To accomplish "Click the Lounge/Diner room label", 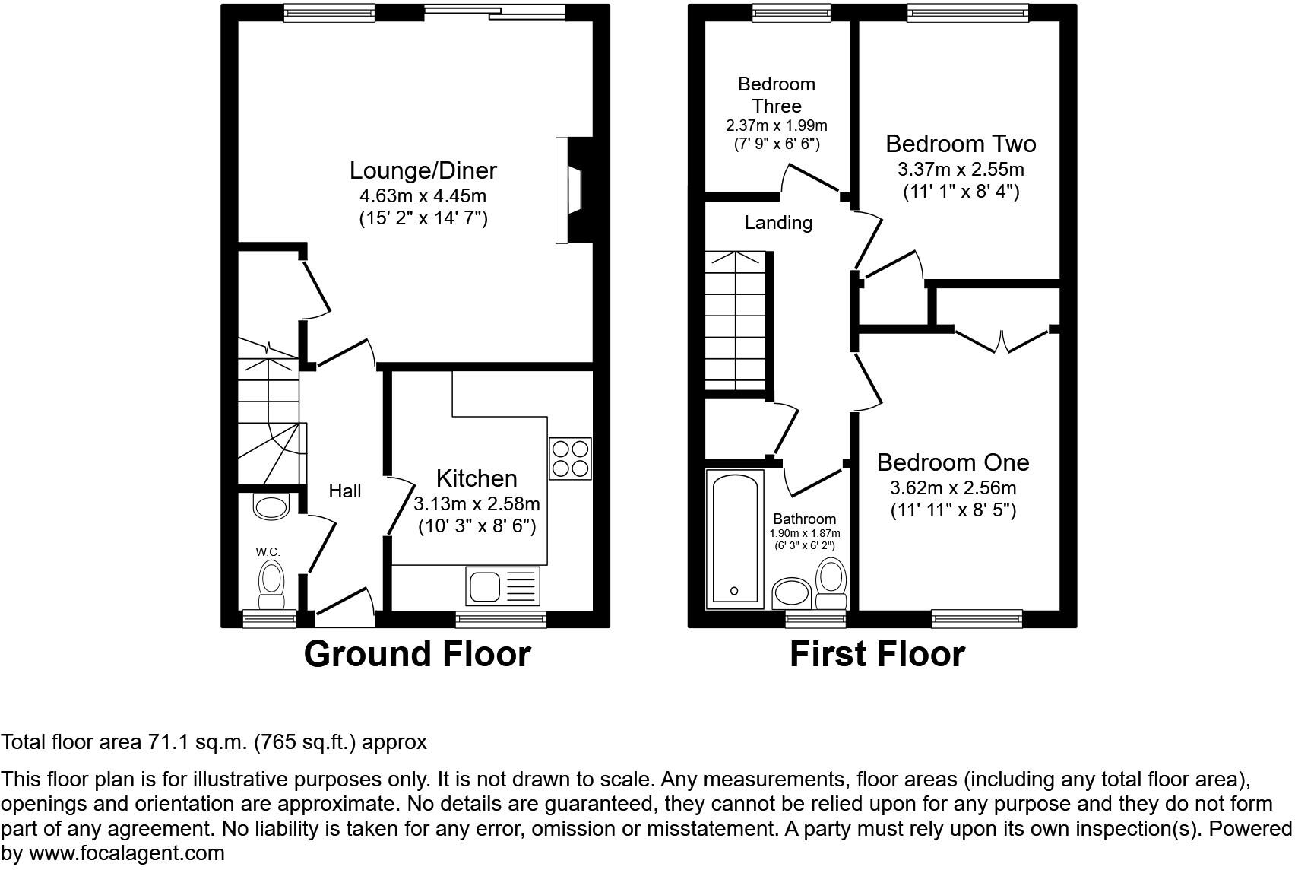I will pos(423,170).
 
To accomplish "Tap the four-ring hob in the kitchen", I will pos(570,458).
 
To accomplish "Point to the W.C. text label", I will pos(268,551).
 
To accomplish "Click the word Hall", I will pos(345,491).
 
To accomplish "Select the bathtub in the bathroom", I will pos(734,538).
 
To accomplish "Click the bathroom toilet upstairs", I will pos(831,583).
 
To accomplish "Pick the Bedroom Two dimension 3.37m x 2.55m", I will pos(961,169).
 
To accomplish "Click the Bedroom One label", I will pos(953,462).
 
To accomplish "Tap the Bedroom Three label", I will pos(777,95).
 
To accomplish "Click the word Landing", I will pos(778,223).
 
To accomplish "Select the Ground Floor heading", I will pos(417,654).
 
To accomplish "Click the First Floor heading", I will pos(877,654).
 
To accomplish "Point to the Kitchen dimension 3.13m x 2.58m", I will pos(477,503).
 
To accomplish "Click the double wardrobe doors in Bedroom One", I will pos(1003,341).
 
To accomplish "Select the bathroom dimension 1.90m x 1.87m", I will pos(805,534).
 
